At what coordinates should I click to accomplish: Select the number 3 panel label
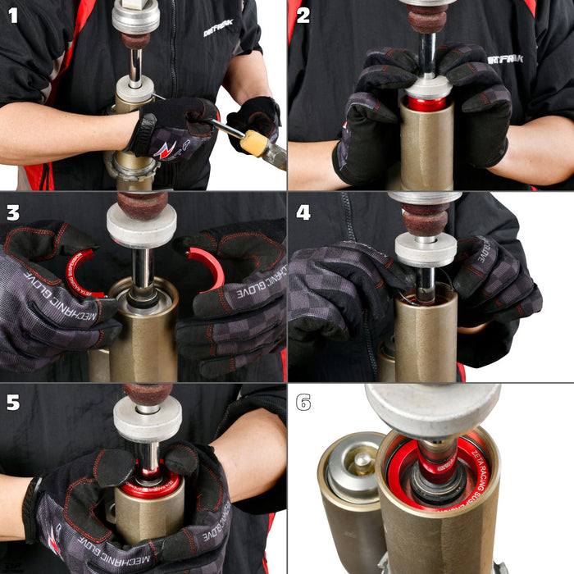[x=12, y=212]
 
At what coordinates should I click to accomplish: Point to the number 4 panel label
[x=303, y=212]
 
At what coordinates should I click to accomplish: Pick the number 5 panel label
[x=12, y=403]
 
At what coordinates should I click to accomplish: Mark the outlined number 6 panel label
[x=303, y=403]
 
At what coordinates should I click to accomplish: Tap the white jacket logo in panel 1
[x=217, y=31]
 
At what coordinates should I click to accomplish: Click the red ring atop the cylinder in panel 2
[x=427, y=103]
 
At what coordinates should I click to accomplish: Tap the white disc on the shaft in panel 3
[x=141, y=225]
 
